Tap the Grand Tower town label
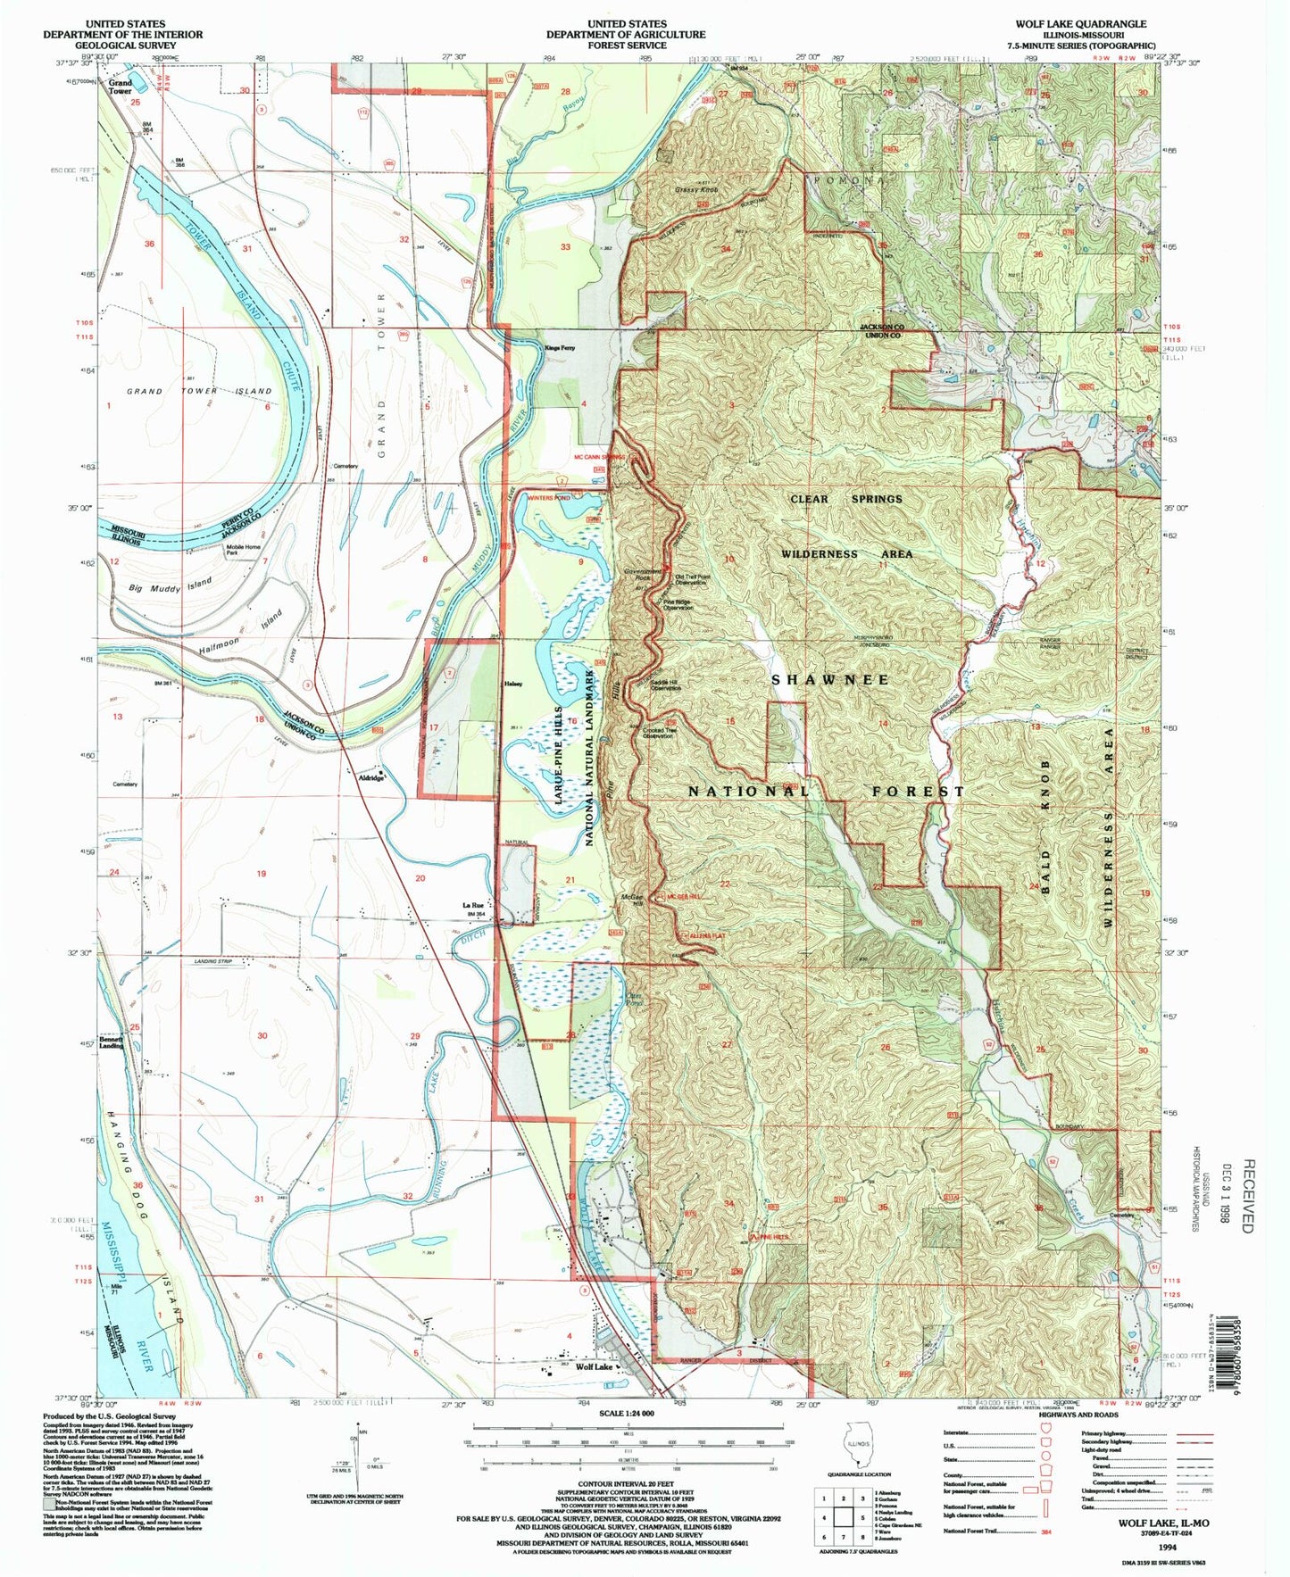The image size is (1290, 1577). [x=120, y=87]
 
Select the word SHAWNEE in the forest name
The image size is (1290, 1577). [x=830, y=679]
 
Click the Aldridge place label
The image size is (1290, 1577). [x=371, y=777]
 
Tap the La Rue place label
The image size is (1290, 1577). [x=472, y=906]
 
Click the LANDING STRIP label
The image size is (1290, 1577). [x=212, y=960]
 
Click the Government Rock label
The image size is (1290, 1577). [x=643, y=575]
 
